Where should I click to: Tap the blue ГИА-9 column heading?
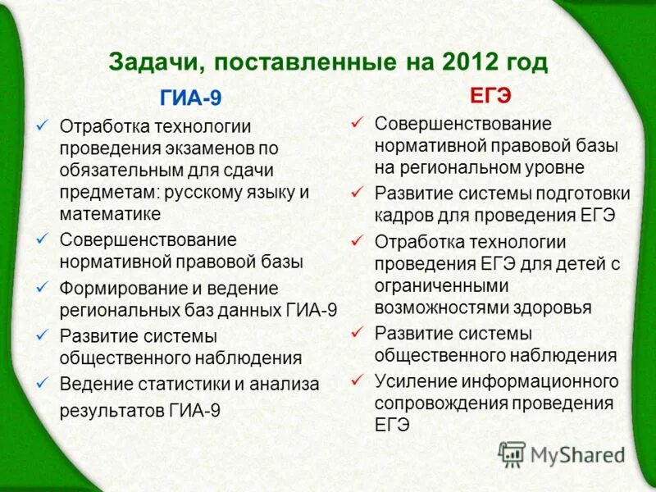[189, 98]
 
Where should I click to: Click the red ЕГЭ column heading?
[490, 95]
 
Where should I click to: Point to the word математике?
[110, 213]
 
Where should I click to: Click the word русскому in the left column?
[202, 193]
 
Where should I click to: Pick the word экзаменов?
[211, 148]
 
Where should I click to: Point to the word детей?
[576, 264]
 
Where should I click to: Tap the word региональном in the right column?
[474, 167]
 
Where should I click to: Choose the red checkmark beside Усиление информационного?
[357, 380]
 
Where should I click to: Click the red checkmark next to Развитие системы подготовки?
[357, 192]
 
